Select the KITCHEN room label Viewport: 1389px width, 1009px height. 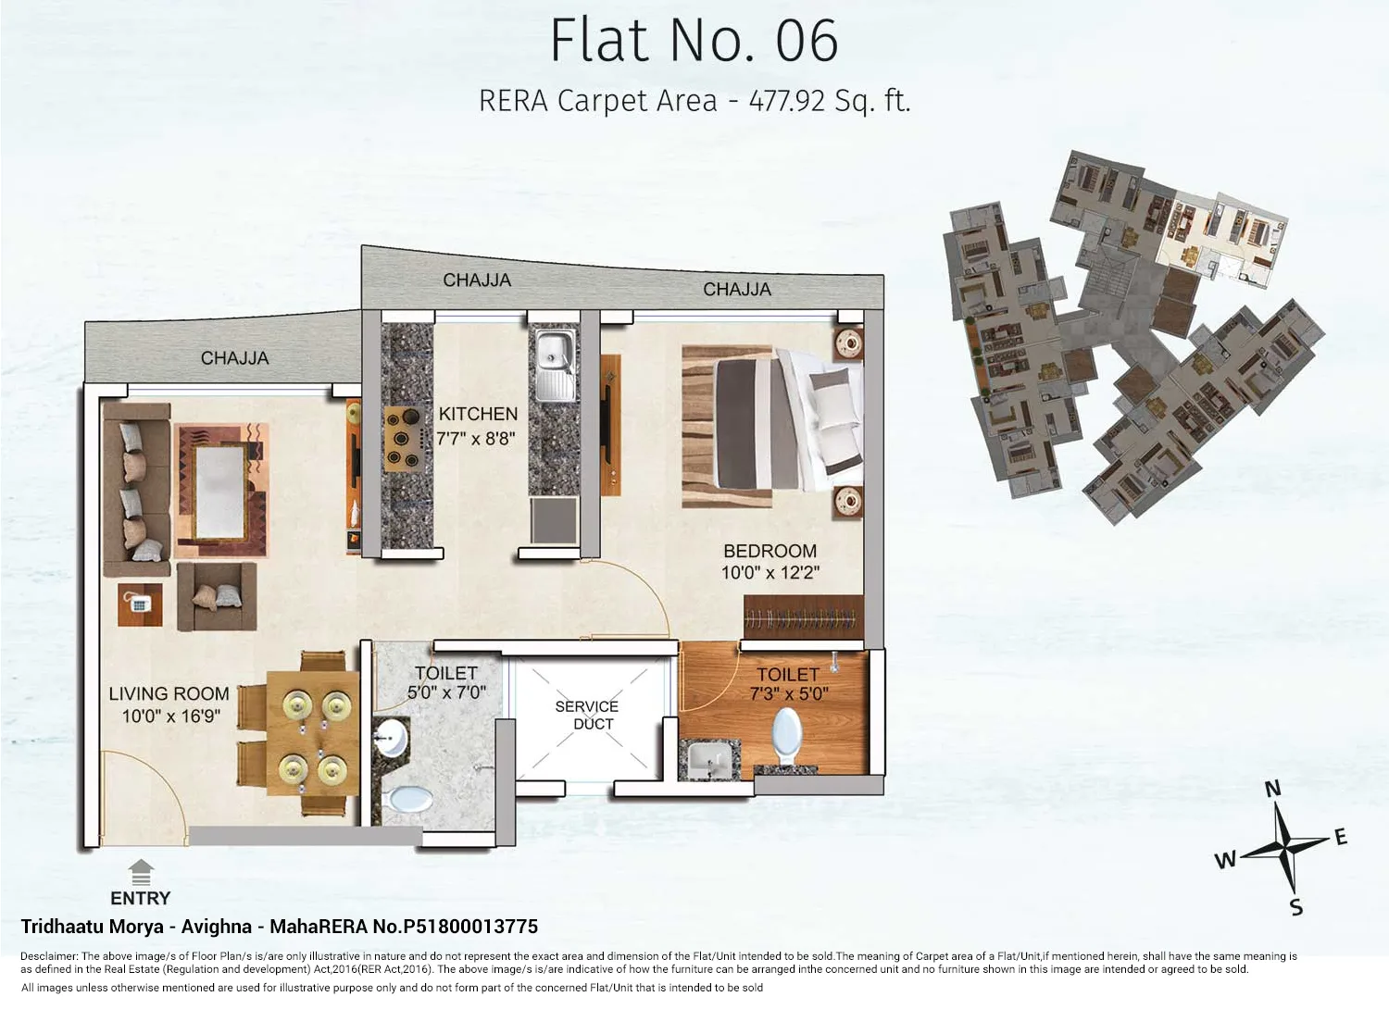(x=478, y=414)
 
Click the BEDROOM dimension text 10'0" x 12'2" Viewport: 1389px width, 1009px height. (x=770, y=573)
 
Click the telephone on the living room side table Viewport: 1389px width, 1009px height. (x=140, y=604)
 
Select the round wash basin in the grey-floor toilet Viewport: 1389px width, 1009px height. (x=392, y=738)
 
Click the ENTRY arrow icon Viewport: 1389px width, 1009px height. (x=141, y=872)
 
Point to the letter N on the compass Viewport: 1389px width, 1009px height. (x=1273, y=789)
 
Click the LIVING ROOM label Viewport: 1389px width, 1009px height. (x=169, y=693)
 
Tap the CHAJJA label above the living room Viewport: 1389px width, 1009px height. (x=234, y=358)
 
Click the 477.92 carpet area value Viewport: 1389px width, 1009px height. (x=786, y=100)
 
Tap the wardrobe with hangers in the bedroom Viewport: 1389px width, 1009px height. (x=802, y=617)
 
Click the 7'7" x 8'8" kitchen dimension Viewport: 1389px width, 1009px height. (x=476, y=439)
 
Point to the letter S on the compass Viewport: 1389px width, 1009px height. (x=1296, y=907)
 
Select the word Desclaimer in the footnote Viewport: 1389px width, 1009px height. (x=49, y=956)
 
